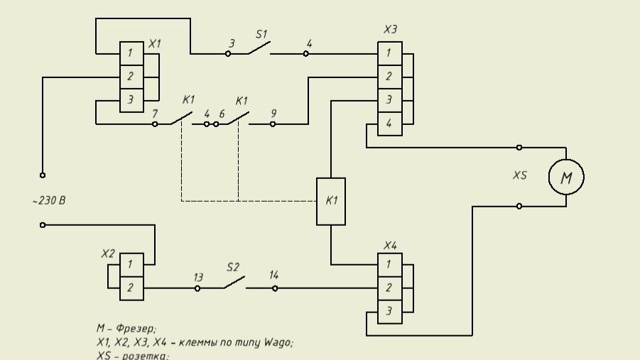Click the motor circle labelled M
point(566,178)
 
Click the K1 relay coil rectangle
point(331,201)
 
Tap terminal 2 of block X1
point(131,76)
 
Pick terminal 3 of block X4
point(389,311)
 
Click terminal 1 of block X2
point(131,265)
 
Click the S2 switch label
point(233,267)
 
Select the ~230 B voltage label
point(49,201)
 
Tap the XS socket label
point(520,175)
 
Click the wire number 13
point(198,276)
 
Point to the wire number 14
point(273,276)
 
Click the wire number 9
point(273,113)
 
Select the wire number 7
point(155,113)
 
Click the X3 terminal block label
point(390,30)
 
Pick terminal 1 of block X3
point(389,53)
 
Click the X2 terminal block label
point(108,253)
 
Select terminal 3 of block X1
point(131,100)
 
